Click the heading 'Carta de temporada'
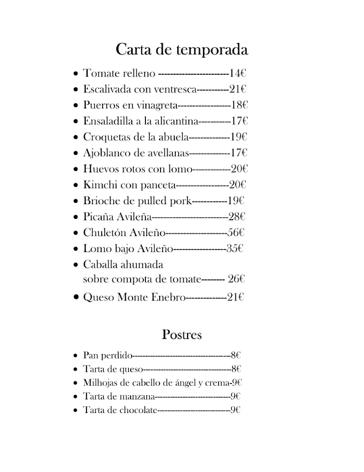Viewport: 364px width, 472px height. [x=182, y=49]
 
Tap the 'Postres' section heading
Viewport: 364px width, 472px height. [x=182, y=335]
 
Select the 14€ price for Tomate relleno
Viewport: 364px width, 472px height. [x=237, y=73]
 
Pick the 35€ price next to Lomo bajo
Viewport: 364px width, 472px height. [x=235, y=249]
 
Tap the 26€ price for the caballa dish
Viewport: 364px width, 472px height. [x=236, y=279]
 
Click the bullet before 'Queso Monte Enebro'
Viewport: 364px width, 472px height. [x=76, y=298]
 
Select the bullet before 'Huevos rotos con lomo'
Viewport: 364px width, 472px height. [x=76, y=170]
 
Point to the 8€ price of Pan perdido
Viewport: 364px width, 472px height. [x=236, y=355]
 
